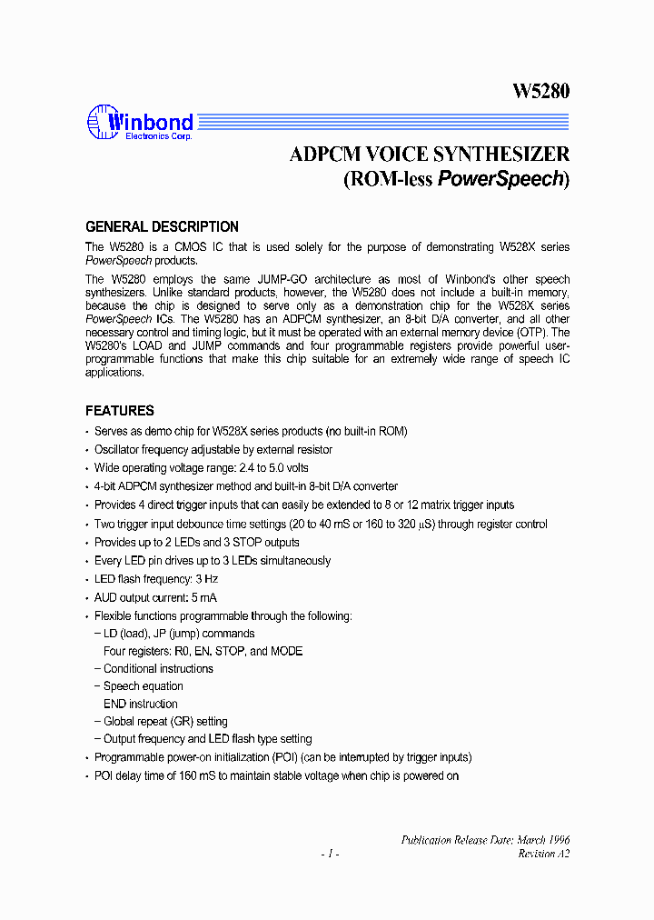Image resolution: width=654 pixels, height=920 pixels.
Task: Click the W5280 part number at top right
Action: tap(541, 92)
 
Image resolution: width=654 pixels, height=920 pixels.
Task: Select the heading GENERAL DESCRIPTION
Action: tap(162, 227)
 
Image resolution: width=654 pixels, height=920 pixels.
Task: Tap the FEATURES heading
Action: tap(120, 411)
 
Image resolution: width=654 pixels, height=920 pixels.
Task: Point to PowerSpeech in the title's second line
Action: tap(500, 179)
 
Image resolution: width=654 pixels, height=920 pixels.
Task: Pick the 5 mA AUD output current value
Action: tap(206, 598)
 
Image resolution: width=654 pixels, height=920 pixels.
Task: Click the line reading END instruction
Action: tap(140, 704)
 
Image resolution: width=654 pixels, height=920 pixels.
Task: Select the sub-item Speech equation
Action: tap(143, 686)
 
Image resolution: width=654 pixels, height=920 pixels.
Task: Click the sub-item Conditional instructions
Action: tap(158, 669)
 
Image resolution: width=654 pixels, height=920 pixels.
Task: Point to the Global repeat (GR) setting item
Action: tap(165, 722)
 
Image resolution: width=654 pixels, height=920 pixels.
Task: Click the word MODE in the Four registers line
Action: tap(287, 651)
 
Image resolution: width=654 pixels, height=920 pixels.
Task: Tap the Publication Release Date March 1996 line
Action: tap(485, 840)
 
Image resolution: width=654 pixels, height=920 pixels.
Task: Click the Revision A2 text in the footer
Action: tap(543, 854)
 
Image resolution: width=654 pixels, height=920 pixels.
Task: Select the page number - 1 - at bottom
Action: tap(330, 854)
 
